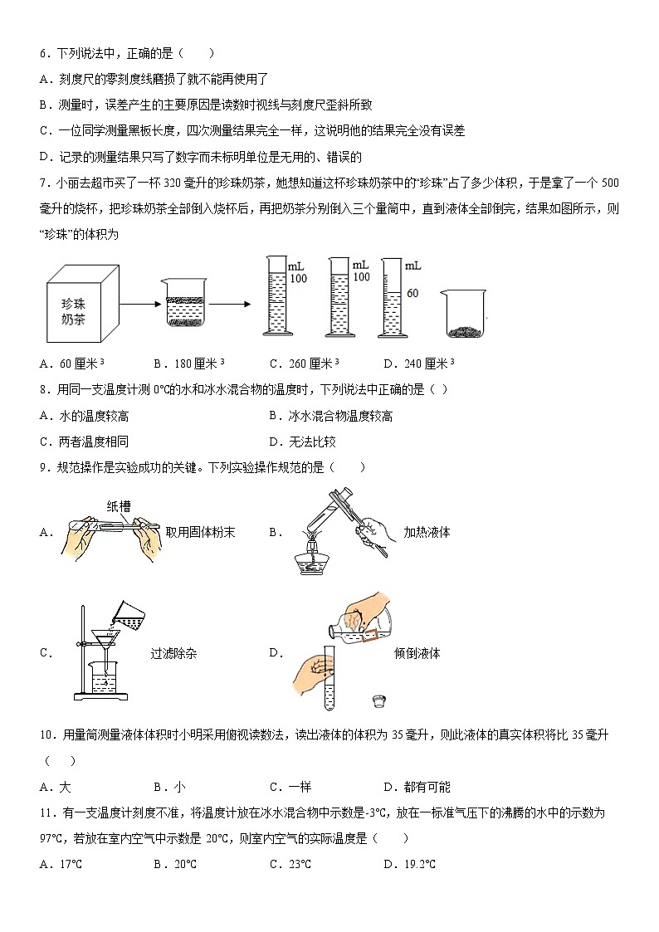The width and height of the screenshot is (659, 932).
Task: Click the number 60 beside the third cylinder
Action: tap(412, 293)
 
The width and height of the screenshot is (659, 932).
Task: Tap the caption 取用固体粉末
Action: tap(200, 532)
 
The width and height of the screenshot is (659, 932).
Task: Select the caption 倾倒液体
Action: tap(417, 653)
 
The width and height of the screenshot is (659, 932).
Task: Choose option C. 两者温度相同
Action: tap(84, 442)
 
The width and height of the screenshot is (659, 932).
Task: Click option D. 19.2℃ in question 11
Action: tap(410, 864)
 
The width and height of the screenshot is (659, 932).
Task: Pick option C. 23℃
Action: tap(290, 864)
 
